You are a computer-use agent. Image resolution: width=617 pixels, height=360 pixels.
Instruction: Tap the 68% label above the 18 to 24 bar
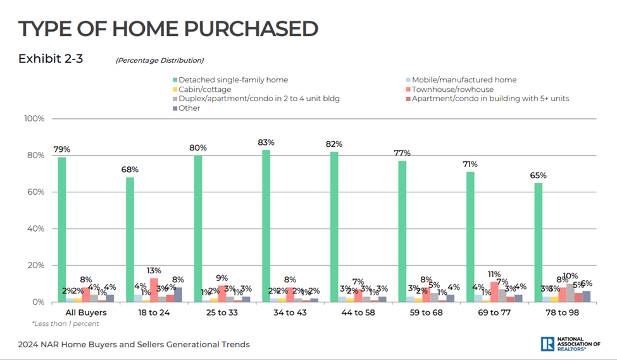[x=130, y=170]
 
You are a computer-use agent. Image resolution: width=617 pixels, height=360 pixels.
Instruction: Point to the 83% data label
[x=266, y=142]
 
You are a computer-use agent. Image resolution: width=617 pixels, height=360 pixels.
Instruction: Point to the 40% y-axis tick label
[x=35, y=229]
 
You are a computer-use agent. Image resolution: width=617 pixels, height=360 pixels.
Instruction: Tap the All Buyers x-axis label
[x=85, y=313]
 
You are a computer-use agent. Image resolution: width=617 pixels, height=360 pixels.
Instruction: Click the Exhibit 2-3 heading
[x=51, y=59]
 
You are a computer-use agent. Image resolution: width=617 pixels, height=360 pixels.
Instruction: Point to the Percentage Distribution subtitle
[x=159, y=61]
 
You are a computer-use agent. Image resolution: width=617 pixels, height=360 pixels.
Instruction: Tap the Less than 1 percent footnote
[x=65, y=324]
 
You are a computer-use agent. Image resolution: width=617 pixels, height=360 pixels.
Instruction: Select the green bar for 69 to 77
[x=470, y=237]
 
